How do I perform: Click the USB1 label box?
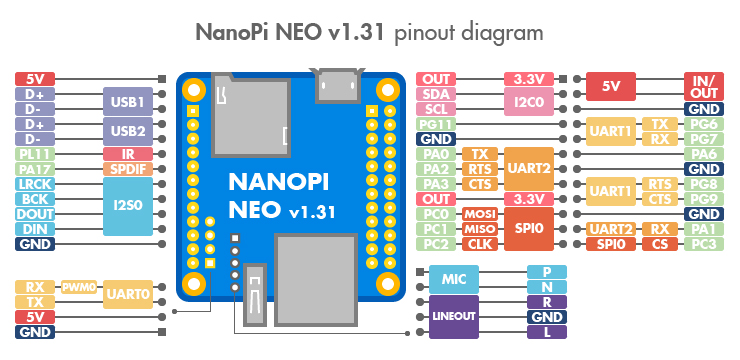(x=128, y=101)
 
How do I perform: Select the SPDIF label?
(x=128, y=169)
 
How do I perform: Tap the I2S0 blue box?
(x=128, y=206)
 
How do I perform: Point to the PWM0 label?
(x=80, y=287)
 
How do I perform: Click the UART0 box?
(x=128, y=294)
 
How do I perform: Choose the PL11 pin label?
(x=35, y=154)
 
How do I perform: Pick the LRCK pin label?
(x=35, y=184)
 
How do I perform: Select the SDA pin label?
(x=437, y=94)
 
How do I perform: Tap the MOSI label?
(x=481, y=214)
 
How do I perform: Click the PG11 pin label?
(x=437, y=124)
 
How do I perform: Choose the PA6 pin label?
(x=703, y=154)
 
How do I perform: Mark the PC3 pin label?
(x=703, y=244)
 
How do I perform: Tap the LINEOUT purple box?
(x=453, y=316)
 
